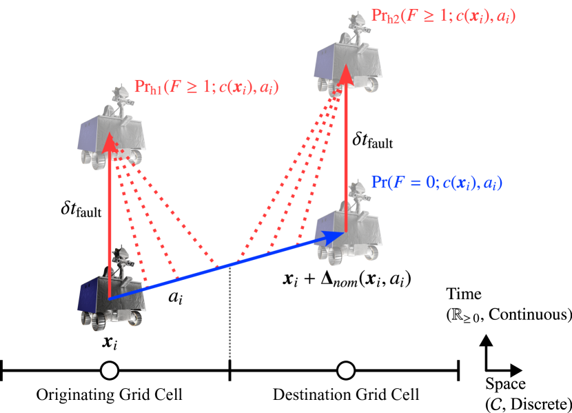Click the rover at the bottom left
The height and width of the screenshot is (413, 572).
click(112, 293)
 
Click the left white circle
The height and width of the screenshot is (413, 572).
click(110, 370)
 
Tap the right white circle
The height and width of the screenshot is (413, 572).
click(346, 370)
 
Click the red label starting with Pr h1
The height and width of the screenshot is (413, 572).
click(206, 88)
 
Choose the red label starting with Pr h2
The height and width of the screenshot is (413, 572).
click(443, 16)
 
